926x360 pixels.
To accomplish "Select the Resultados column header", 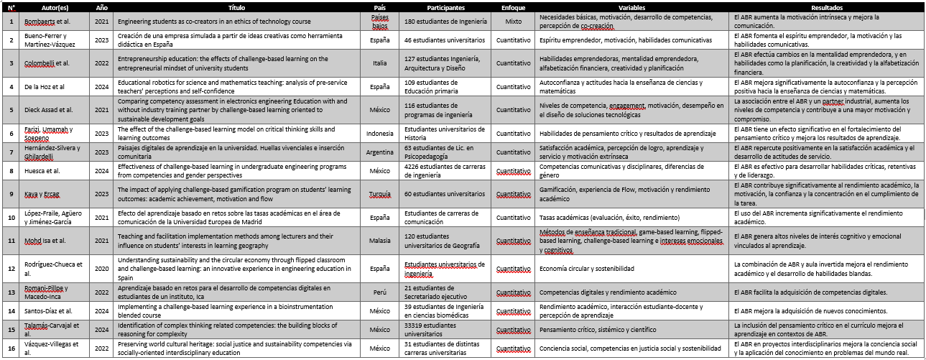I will click(826, 6).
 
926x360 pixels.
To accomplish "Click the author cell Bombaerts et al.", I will click(47, 22).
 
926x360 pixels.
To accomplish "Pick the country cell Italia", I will click(380, 63).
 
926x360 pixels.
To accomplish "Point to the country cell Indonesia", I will click(380, 133).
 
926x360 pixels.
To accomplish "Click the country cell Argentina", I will click(380, 152).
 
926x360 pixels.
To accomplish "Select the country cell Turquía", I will click(380, 193).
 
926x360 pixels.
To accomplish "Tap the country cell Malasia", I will click(380, 240).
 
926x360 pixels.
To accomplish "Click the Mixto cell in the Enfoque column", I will click(513, 22).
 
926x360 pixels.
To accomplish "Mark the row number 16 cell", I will click(11, 349).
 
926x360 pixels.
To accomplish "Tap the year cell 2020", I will click(103, 268).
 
